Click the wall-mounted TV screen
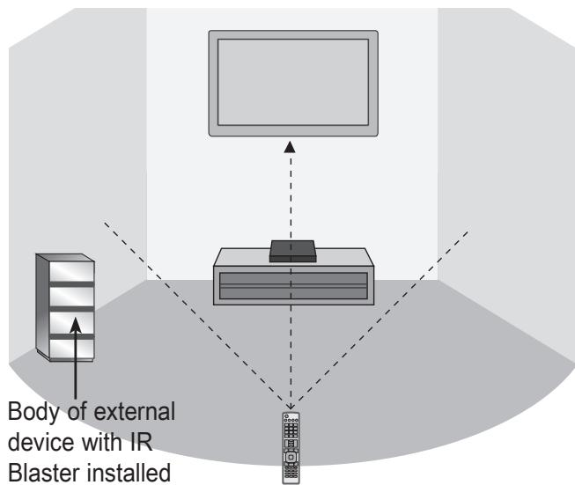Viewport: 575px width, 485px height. [x=292, y=82]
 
